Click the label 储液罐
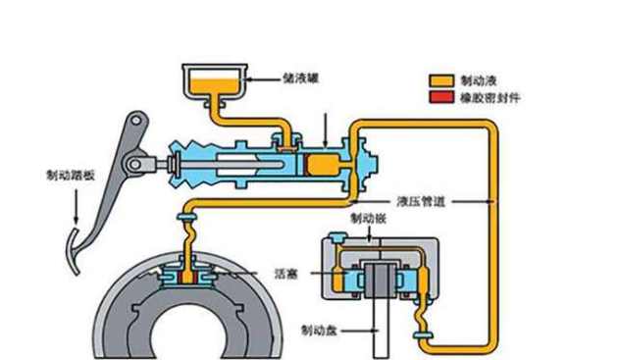[x=300, y=78]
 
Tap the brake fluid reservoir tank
[x=215, y=83]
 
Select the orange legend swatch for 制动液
[x=441, y=80]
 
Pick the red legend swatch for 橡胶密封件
[x=441, y=97]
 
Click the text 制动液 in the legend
[x=479, y=80]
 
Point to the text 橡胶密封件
[x=489, y=97]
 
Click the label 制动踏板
[x=71, y=175]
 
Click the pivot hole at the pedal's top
[x=136, y=120]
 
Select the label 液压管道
[x=421, y=201]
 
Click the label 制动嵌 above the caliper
[x=369, y=219]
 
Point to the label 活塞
[x=285, y=274]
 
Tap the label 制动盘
[x=319, y=330]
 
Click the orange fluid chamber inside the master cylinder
[x=324, y=165]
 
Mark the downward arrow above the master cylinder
[x=325, y=130]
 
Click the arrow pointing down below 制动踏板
[x=76, y=206]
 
